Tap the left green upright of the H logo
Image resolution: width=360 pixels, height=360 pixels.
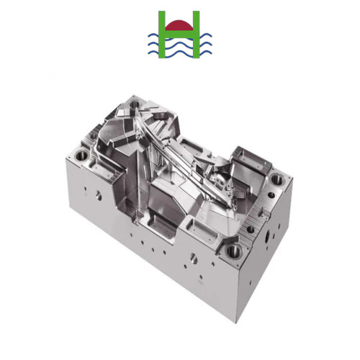click(163, 35)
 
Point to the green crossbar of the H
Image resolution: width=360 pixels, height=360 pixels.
click(179, 32)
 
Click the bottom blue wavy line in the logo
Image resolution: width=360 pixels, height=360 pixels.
click(179, 52)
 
